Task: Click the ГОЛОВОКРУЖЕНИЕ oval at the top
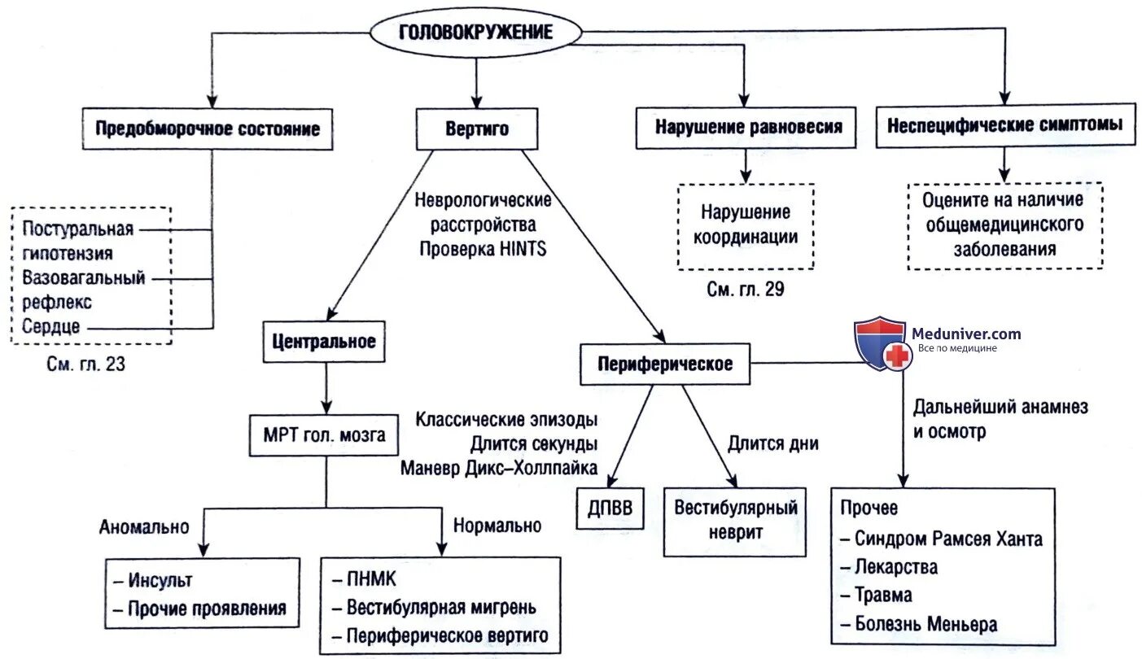coord(475,33)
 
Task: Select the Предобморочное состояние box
coord(208,129)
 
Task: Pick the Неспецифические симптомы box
coord(1004,125)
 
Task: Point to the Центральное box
coord(324,341)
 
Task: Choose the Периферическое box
coord(665,364)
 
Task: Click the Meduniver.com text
coord(966,334)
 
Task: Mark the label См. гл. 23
coord(85,364)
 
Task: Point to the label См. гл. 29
coord(745,290)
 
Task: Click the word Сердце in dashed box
coord(51,327)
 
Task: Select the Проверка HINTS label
coord(483,250)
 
